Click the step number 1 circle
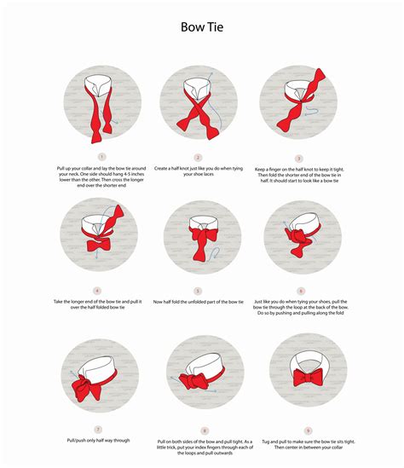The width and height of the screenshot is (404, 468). [101, 157]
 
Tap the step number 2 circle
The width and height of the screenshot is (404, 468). [198, 157]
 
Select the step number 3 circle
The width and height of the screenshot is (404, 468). [299, 158]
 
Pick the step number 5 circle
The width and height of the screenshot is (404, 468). [198, 291]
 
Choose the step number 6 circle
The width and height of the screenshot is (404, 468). [302, 291]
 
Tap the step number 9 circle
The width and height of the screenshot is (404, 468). [302, 430]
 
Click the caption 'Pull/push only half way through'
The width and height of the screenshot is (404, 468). [98, 441]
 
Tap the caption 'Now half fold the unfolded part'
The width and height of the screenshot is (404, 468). [198, 303]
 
